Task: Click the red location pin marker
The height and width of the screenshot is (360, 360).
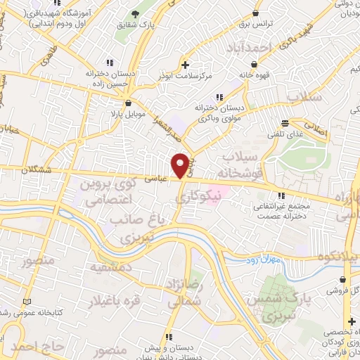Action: point(181,165)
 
